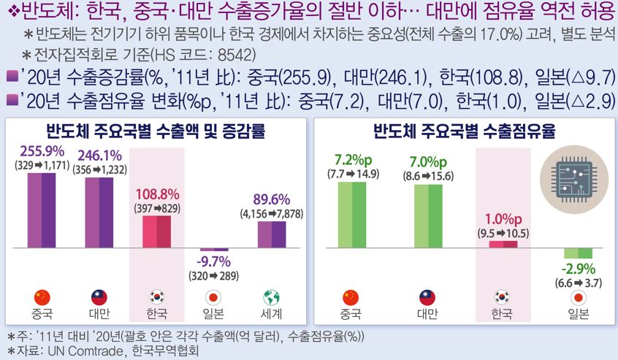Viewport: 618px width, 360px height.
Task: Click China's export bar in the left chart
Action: (42, 210)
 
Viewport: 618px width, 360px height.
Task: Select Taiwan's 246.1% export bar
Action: (99, 212)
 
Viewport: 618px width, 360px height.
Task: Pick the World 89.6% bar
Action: (272, 234)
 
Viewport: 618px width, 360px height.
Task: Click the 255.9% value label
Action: (42, 153)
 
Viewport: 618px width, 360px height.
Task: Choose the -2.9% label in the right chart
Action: (579, 268)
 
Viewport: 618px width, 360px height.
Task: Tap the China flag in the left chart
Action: (42, 297)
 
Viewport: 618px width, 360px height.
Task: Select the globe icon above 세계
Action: (272, 297)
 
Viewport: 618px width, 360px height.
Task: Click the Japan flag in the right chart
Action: (579, 297)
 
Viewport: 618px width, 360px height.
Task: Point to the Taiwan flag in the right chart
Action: (428, 297)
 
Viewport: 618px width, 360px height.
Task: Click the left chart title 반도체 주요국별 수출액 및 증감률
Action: (156, 132)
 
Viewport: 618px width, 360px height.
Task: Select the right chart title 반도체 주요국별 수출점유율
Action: (465, 132)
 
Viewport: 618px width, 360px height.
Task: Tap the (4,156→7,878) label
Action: (271, 214)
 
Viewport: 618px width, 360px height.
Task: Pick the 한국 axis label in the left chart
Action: (156, 314)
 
